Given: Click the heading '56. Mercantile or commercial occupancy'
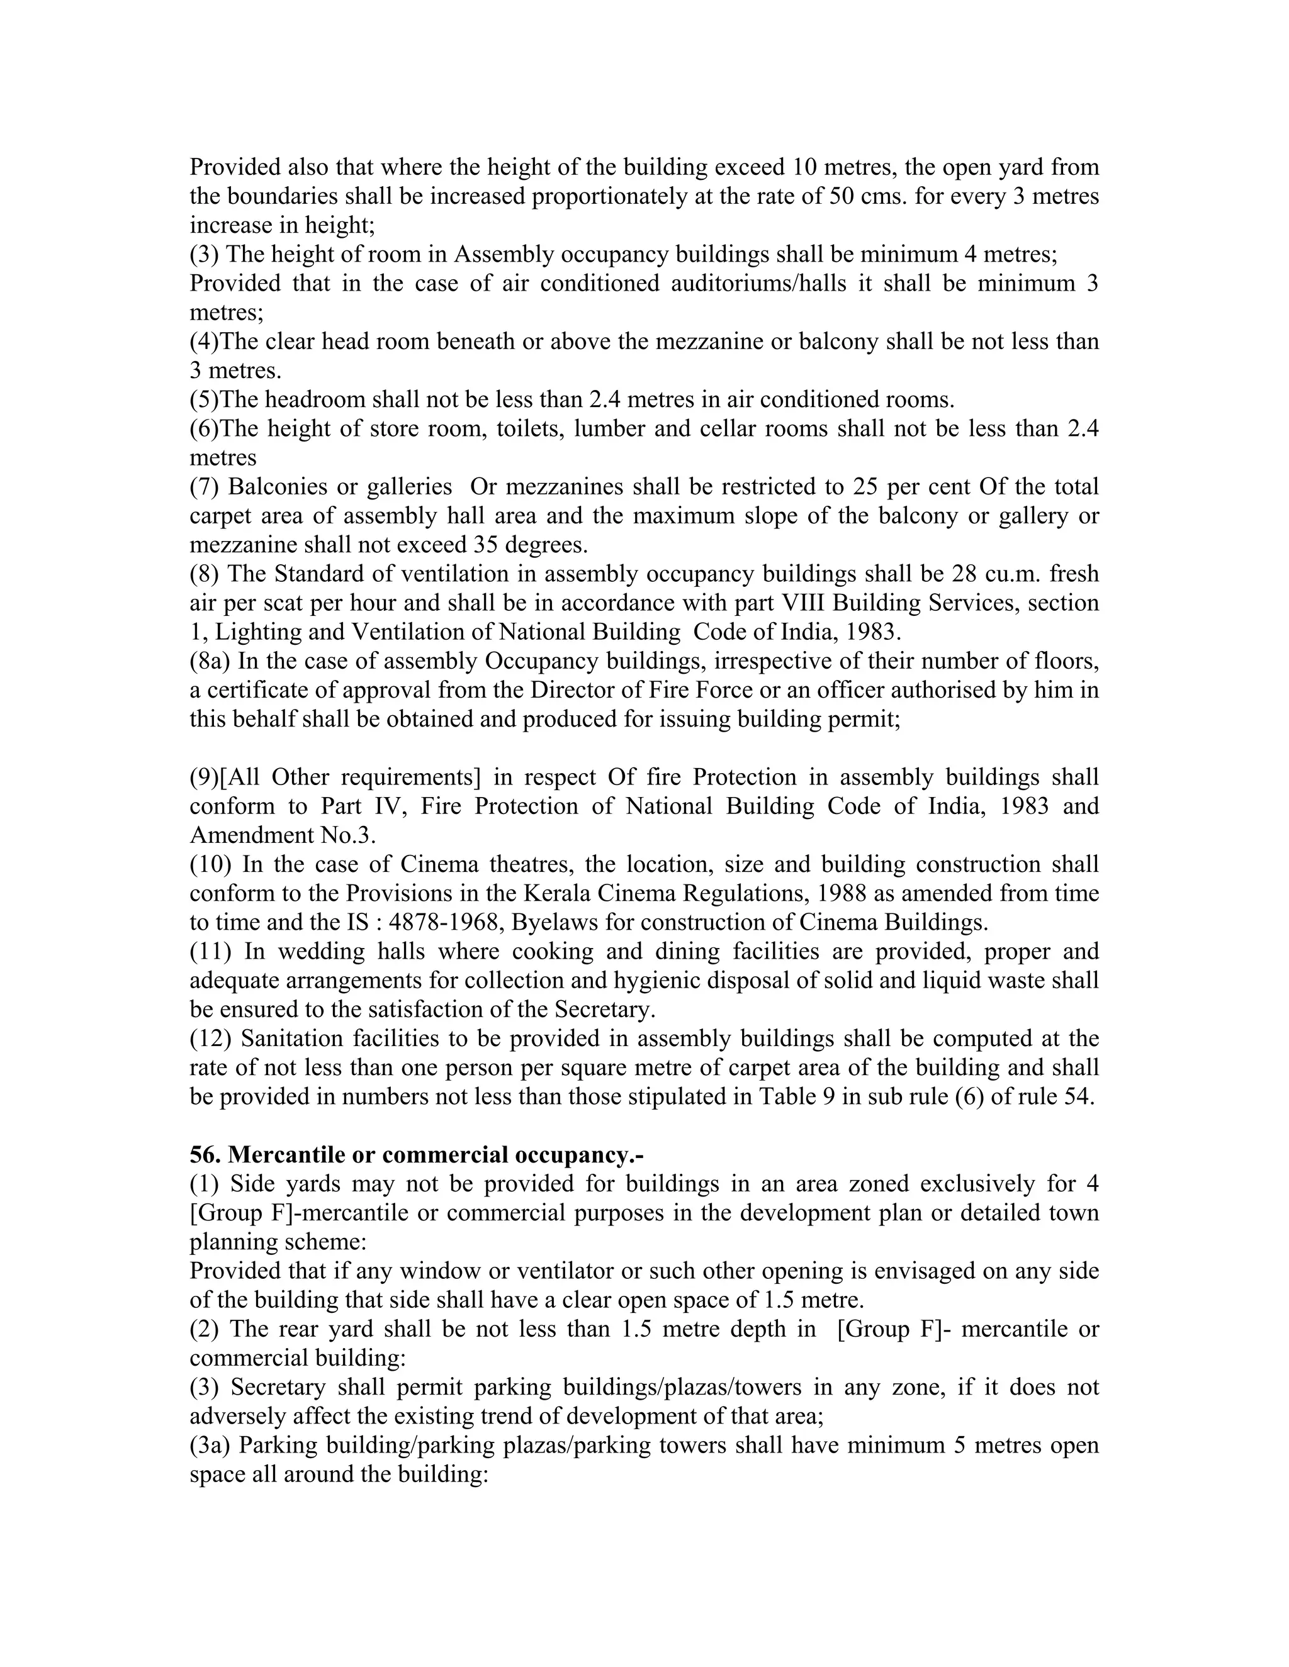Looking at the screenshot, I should (416, 1155).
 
